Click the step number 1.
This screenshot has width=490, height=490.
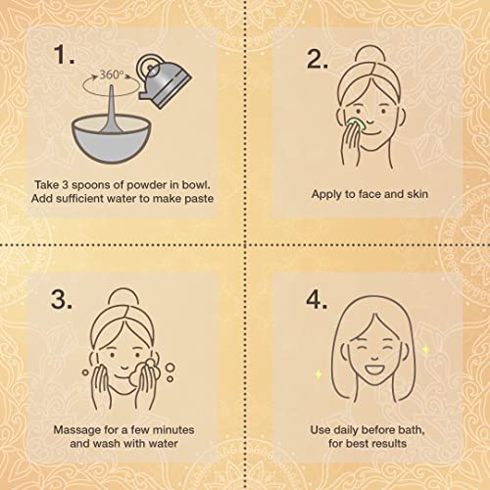pyautogui.click(x=64, y=54)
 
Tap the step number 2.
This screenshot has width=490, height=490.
pyautogui.click(x=318, y=60)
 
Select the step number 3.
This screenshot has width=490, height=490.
pyautogui.click(x=62, y=299)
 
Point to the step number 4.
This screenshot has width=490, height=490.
pyautogui.click(x=317, y=299)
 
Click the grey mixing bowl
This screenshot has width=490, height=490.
pyautogui.click(x=112, y=139)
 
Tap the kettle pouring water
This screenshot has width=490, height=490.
pyautogui.click(x=163, y=80)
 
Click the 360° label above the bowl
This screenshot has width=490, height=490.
pyautogui.click(x=112, y=74)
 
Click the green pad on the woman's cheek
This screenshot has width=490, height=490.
pyautogui.click(x=355, y=124)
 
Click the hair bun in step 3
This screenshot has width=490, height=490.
pyautogui.click(x=123, y=297)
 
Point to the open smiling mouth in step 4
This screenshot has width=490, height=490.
pyautogui.click(x=374, y=370)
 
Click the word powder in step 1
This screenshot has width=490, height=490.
pyautogui.click(x=147, y=185)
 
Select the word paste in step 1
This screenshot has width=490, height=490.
pyautogui.click(x=199, y=199)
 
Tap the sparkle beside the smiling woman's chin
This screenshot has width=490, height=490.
pyautogui.click(x=319, y=374)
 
